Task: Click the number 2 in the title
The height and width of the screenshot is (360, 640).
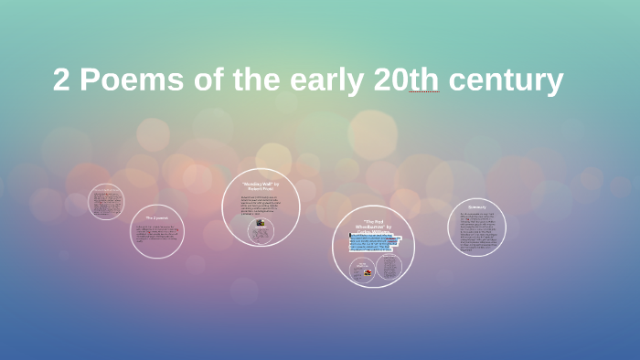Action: click(x=61, y=81)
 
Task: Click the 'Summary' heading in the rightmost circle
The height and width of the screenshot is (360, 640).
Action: click(x=476, y=206)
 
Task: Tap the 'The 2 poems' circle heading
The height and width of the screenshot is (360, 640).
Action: click(x=157, y=218)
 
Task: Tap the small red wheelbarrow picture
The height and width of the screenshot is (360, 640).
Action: click(x=362, y=268)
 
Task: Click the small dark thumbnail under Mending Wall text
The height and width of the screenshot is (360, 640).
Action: click(x=261, y=223)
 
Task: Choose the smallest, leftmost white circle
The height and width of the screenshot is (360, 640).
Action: click(x=106, y=202)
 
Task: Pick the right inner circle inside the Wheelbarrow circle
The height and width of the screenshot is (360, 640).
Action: click(x=389, y=268)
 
